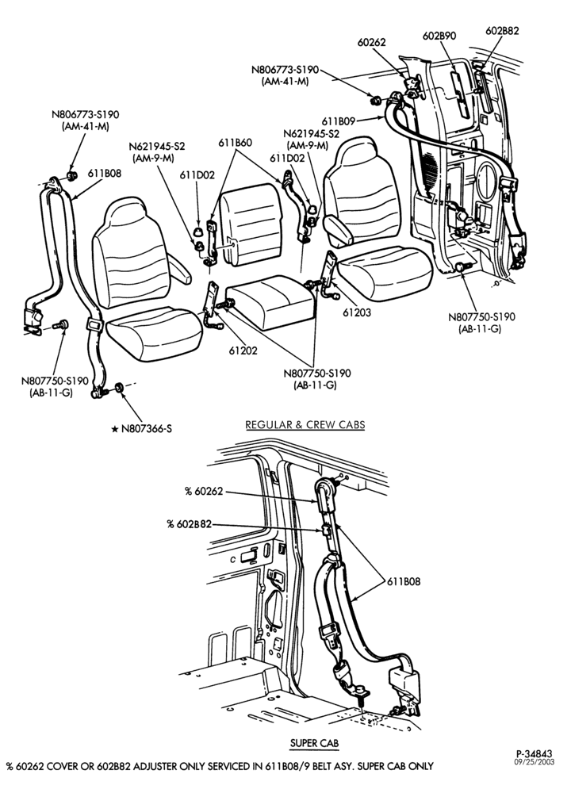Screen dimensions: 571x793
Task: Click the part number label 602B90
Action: point(439,36)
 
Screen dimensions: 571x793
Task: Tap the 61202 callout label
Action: point(243,351)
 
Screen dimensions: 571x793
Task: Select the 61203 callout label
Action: point(357,312)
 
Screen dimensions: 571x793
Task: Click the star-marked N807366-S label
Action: point(142,429)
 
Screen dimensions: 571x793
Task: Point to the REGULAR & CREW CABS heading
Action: point(305,425)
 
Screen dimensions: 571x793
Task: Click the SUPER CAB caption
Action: point(314,743)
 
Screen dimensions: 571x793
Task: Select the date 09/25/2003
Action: point(534,762)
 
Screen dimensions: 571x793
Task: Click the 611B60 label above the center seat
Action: point(236,143)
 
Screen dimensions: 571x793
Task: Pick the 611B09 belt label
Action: point(339,121)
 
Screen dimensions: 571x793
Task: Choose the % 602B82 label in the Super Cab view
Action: point(190,524)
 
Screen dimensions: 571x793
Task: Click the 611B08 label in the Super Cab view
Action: point(404,581)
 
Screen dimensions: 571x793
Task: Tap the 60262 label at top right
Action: point(371,43)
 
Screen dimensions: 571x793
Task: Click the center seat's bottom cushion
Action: point(270,301)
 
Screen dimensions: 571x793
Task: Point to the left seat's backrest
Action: point(131,253)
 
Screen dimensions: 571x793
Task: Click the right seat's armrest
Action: point(338,230)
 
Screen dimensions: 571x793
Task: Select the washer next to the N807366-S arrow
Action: point(120,388)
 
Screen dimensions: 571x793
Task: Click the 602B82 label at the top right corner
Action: point(502,30)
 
